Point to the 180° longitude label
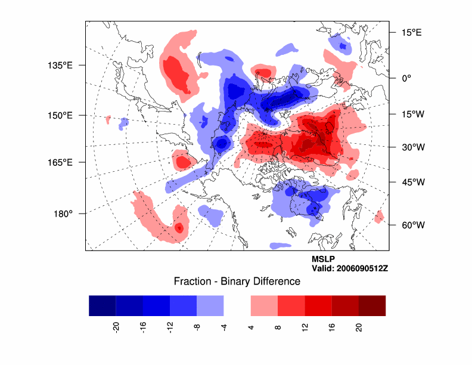point(63,214)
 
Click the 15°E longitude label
point(411,33)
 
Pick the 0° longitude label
point(406,78)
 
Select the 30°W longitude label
point(411,147)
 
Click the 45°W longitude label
point(411,182)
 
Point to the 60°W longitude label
point(411,225)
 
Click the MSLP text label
point(323,259)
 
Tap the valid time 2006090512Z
point(350,268)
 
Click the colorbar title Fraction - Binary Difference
point(237,282)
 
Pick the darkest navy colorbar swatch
point(102,305)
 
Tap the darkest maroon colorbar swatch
point(372,305)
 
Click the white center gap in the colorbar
point(237,305)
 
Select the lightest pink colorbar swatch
point(264,305)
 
